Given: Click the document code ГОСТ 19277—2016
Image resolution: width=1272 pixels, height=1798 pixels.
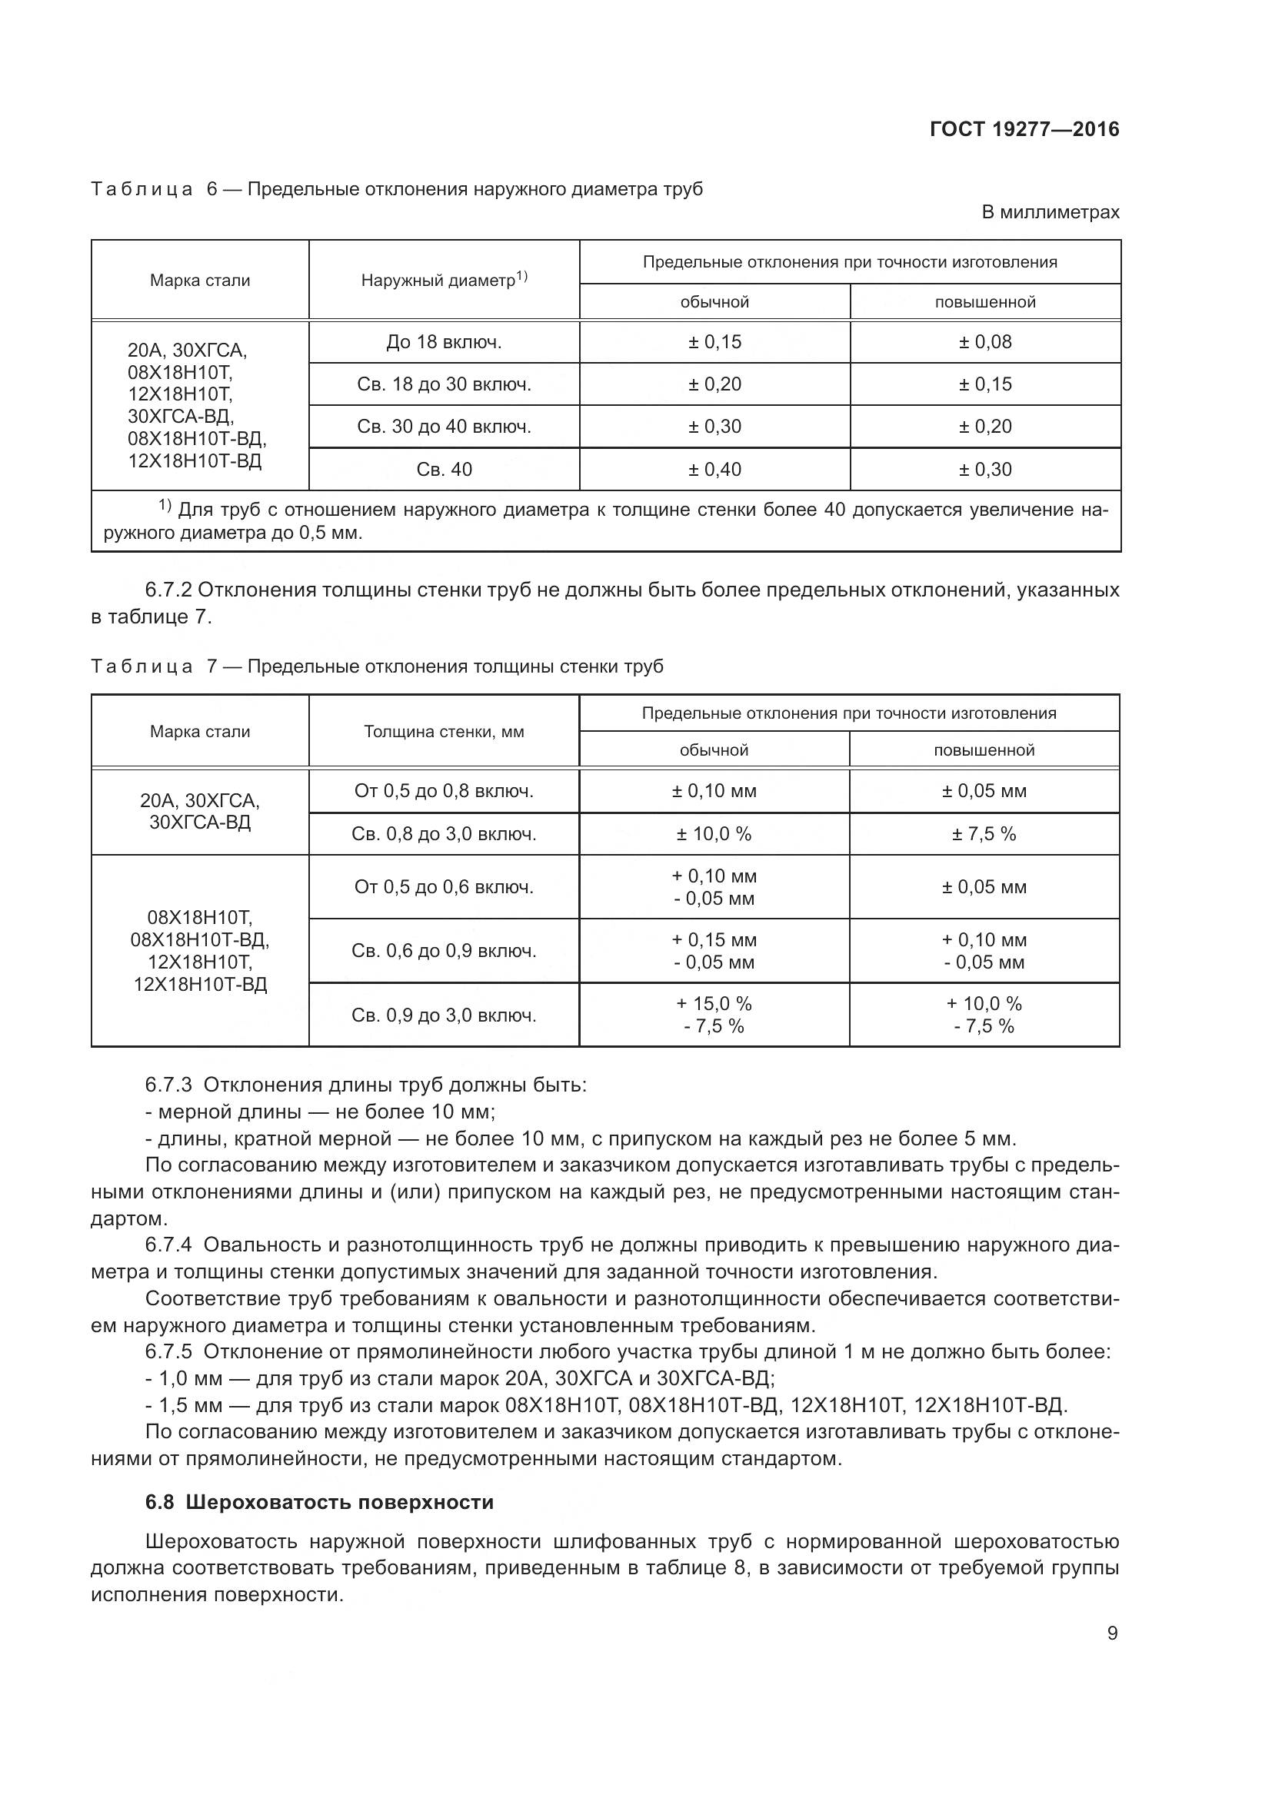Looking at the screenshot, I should pos(1024,129).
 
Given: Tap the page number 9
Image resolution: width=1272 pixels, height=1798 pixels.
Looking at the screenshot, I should pos(1112,1633).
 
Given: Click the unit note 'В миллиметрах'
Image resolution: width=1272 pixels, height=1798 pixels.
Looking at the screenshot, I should pos(1051,212).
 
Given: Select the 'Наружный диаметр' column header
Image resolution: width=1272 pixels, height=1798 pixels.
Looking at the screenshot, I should pos(444,280).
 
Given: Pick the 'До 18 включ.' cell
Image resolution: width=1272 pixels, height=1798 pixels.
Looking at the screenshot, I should pos(444,342).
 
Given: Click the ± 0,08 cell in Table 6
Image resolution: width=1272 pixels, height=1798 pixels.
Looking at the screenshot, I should pos(984,342).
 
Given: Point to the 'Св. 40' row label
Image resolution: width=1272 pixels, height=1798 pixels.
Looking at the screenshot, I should pos(444,470).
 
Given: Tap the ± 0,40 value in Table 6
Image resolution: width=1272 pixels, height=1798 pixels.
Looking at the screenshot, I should pos(714,470).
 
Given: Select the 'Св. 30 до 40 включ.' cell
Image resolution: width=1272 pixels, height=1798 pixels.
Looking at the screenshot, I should pos(444,427).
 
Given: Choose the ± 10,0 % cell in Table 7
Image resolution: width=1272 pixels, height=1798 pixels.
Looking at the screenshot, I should pos(714,834).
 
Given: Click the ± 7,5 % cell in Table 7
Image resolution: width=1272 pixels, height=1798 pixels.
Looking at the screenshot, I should pos(984,834).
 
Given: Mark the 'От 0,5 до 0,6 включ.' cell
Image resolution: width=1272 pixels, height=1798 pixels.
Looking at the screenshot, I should pos(444,887).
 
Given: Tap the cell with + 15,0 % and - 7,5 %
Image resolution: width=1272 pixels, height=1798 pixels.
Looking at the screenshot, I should pos(714,1015).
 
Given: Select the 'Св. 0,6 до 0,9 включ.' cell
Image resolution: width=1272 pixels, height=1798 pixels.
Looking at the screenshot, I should pos(444,952).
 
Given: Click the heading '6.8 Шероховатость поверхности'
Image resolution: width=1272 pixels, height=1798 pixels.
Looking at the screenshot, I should pos(320,1502).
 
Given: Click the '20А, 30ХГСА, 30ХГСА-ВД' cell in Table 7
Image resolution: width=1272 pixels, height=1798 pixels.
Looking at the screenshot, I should pos(200,812).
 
